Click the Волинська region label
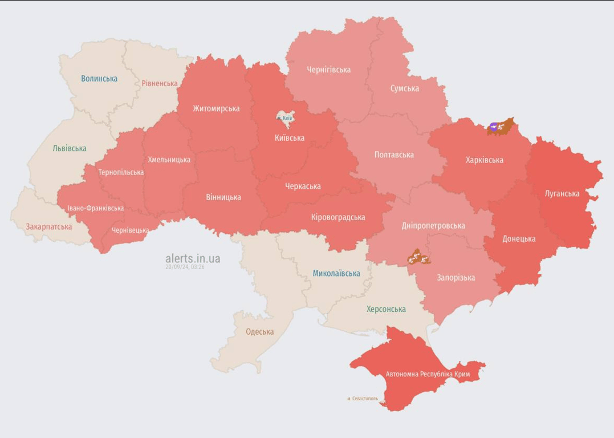pyautogui.click(x=99, y=79)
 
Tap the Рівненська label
pyautogui.click(x=160, y=83)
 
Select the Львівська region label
pyautogui.click(x=70, y=148)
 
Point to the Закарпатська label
pyautogui.click(x=48, y=226)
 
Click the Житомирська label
pyautogui.click(x=216, y=108)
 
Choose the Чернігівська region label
pyautogui.click(x=328, y=70)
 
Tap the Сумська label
pyautogui.click(x=404, y=88)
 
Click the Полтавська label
pyautogui.click(x=394, y=155)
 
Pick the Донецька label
pyautogui.click(x=519, y=238)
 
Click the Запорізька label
pyautogui.click(x=456, y=278)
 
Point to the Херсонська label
pyautogui.click(x=386, y=309)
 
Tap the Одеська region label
pyautogui.click(x=259, y=331)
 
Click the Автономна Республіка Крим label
pyautogui.click(x=436, y=374)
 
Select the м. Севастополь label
pyautogui.click(x=362, y=399)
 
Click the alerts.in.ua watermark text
pyautogui.click(x=193, y=258)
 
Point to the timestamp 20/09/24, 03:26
pyautogui.click(x=185, y=267)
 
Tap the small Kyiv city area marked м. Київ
pyautogui.click(x=284, y=117)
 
